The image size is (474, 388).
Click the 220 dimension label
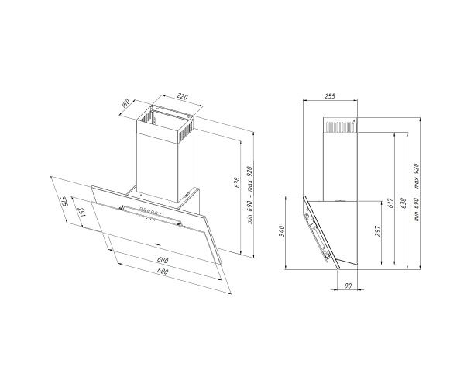point(182,97)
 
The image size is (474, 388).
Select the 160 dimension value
point(125,102)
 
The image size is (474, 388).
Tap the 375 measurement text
point(64,201)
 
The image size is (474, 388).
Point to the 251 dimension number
point(81,213)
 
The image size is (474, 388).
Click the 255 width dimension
point(330,96)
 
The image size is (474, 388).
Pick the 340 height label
point(282,231)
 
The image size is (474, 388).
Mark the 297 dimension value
point(377,231)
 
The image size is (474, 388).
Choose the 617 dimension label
point(390,203)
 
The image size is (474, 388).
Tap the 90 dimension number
point(349,286)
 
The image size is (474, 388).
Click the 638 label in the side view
point(403,203)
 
